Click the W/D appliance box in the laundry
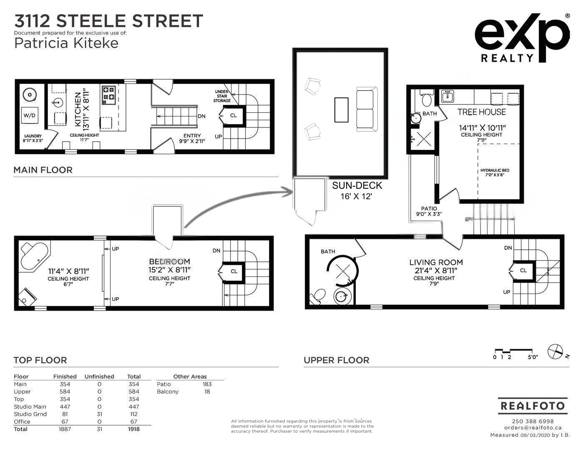30,115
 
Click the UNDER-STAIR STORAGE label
222,96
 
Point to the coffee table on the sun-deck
341,109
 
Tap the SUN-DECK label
357,185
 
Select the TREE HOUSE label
481,112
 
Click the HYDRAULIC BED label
495,170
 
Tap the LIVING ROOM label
436,262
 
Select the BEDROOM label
169,261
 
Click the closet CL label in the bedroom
234,271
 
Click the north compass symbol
555,351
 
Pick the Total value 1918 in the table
133,429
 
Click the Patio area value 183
207,384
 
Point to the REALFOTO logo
533,405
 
